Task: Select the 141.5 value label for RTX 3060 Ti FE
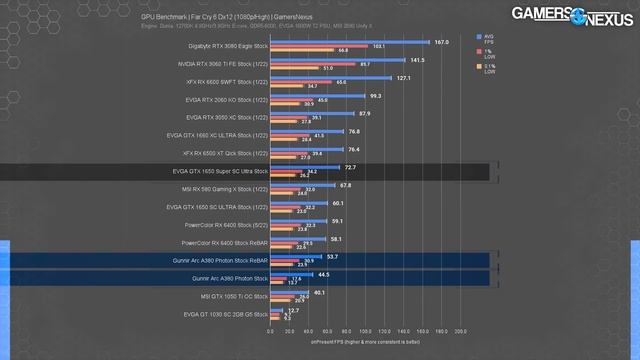[417, 60]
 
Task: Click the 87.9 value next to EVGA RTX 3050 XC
[364, 113]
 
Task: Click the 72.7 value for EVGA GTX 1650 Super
[350, 167]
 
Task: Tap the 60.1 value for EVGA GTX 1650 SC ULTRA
[337, 203]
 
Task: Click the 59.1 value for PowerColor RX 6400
[336, 221]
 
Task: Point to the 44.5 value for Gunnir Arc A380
[322, 274]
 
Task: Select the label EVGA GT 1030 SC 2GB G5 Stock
[226, 315]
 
